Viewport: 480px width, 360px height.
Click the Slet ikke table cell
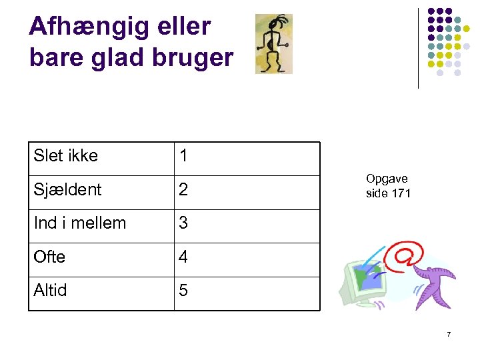point(66,156)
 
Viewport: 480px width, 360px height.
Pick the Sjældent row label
point(67,189)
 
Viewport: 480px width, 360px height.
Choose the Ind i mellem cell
point(79,223)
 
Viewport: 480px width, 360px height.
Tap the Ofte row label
point(49,257)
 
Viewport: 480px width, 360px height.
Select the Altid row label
point(51,290)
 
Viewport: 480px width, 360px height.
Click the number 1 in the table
point(183,157)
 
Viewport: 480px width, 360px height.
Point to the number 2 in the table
point(183,190)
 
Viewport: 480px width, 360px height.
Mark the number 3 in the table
point(183,223)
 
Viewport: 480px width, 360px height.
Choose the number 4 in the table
point(183,257)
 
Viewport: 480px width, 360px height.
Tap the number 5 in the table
point(183,290)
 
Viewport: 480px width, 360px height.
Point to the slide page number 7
point(449,334)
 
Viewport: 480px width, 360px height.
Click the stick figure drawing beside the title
point(273,43)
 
